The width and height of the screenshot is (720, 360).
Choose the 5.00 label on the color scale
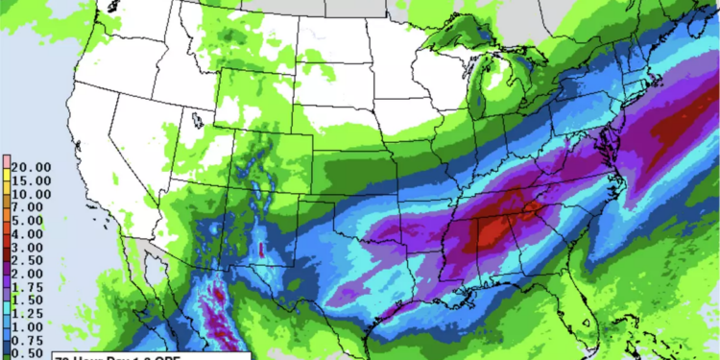28,220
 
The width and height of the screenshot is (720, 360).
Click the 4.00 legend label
28,233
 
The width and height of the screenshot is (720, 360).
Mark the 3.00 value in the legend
28,247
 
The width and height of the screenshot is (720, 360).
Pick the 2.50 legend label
28,260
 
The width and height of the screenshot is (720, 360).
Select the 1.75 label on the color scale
28,287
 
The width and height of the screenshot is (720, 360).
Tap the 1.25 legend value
28,314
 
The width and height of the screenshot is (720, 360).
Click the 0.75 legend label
28,341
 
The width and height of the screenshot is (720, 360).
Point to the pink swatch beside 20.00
7,164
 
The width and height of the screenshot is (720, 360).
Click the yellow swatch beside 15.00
7,179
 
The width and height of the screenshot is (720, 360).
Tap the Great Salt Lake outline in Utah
197,120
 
